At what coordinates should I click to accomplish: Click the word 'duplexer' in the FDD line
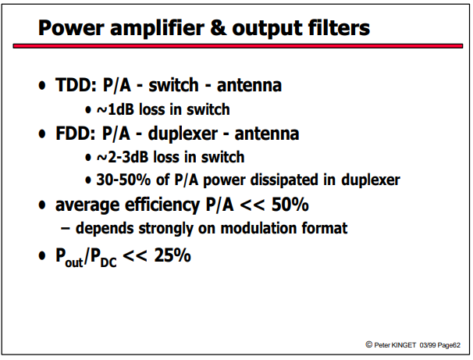point(183,134)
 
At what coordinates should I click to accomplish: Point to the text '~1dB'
point(116,109)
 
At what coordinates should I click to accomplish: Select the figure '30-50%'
point(123,180)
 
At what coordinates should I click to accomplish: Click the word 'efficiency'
point(162,205)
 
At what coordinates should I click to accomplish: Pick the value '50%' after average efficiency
point(290,205)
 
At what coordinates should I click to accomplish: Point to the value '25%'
point(172,255)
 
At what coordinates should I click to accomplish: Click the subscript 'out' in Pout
point(74,262)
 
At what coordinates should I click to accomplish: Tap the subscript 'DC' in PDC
point(108,262)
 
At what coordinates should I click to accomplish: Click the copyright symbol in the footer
point(368,344)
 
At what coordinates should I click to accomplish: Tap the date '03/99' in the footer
point(428,345)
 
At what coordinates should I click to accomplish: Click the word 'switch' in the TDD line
point(173,85)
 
